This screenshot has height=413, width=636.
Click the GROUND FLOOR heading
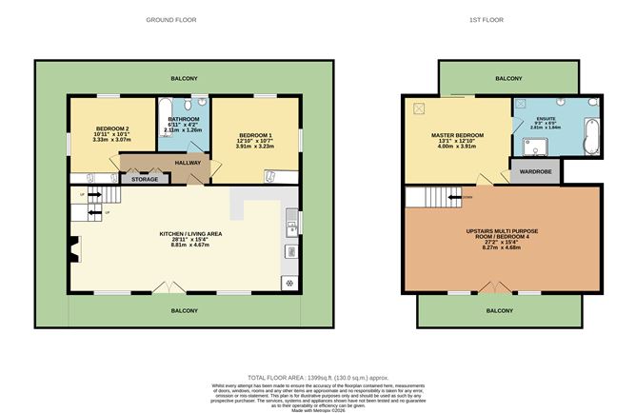click(171, 19)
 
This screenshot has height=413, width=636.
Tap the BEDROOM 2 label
click(112, 128)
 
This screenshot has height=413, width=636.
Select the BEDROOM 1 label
click(254, 135)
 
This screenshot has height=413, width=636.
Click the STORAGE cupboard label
click(145, 178)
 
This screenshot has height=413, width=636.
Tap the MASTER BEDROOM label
click(458, 135)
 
